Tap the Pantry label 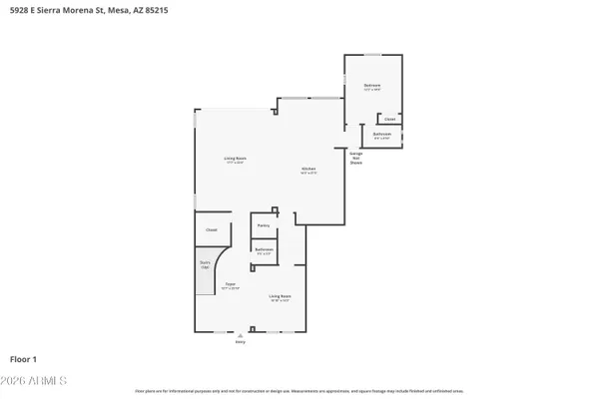tap(264, 225)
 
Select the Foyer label tap(230, 286)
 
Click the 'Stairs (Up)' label tap(206, 266)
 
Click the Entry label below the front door tap(240, 342)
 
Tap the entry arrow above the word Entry tap(240, 336)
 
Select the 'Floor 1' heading tap(24, 357)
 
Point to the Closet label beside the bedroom tap(389, 119)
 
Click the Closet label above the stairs tap(211, 230)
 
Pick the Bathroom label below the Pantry tap(264, 250)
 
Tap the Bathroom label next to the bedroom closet tap(381, 135)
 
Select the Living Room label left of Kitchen tap(235, 160)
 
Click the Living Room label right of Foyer tap(279, 297)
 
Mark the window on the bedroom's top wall tap(371, 54)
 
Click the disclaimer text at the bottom tap(299, 392)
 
